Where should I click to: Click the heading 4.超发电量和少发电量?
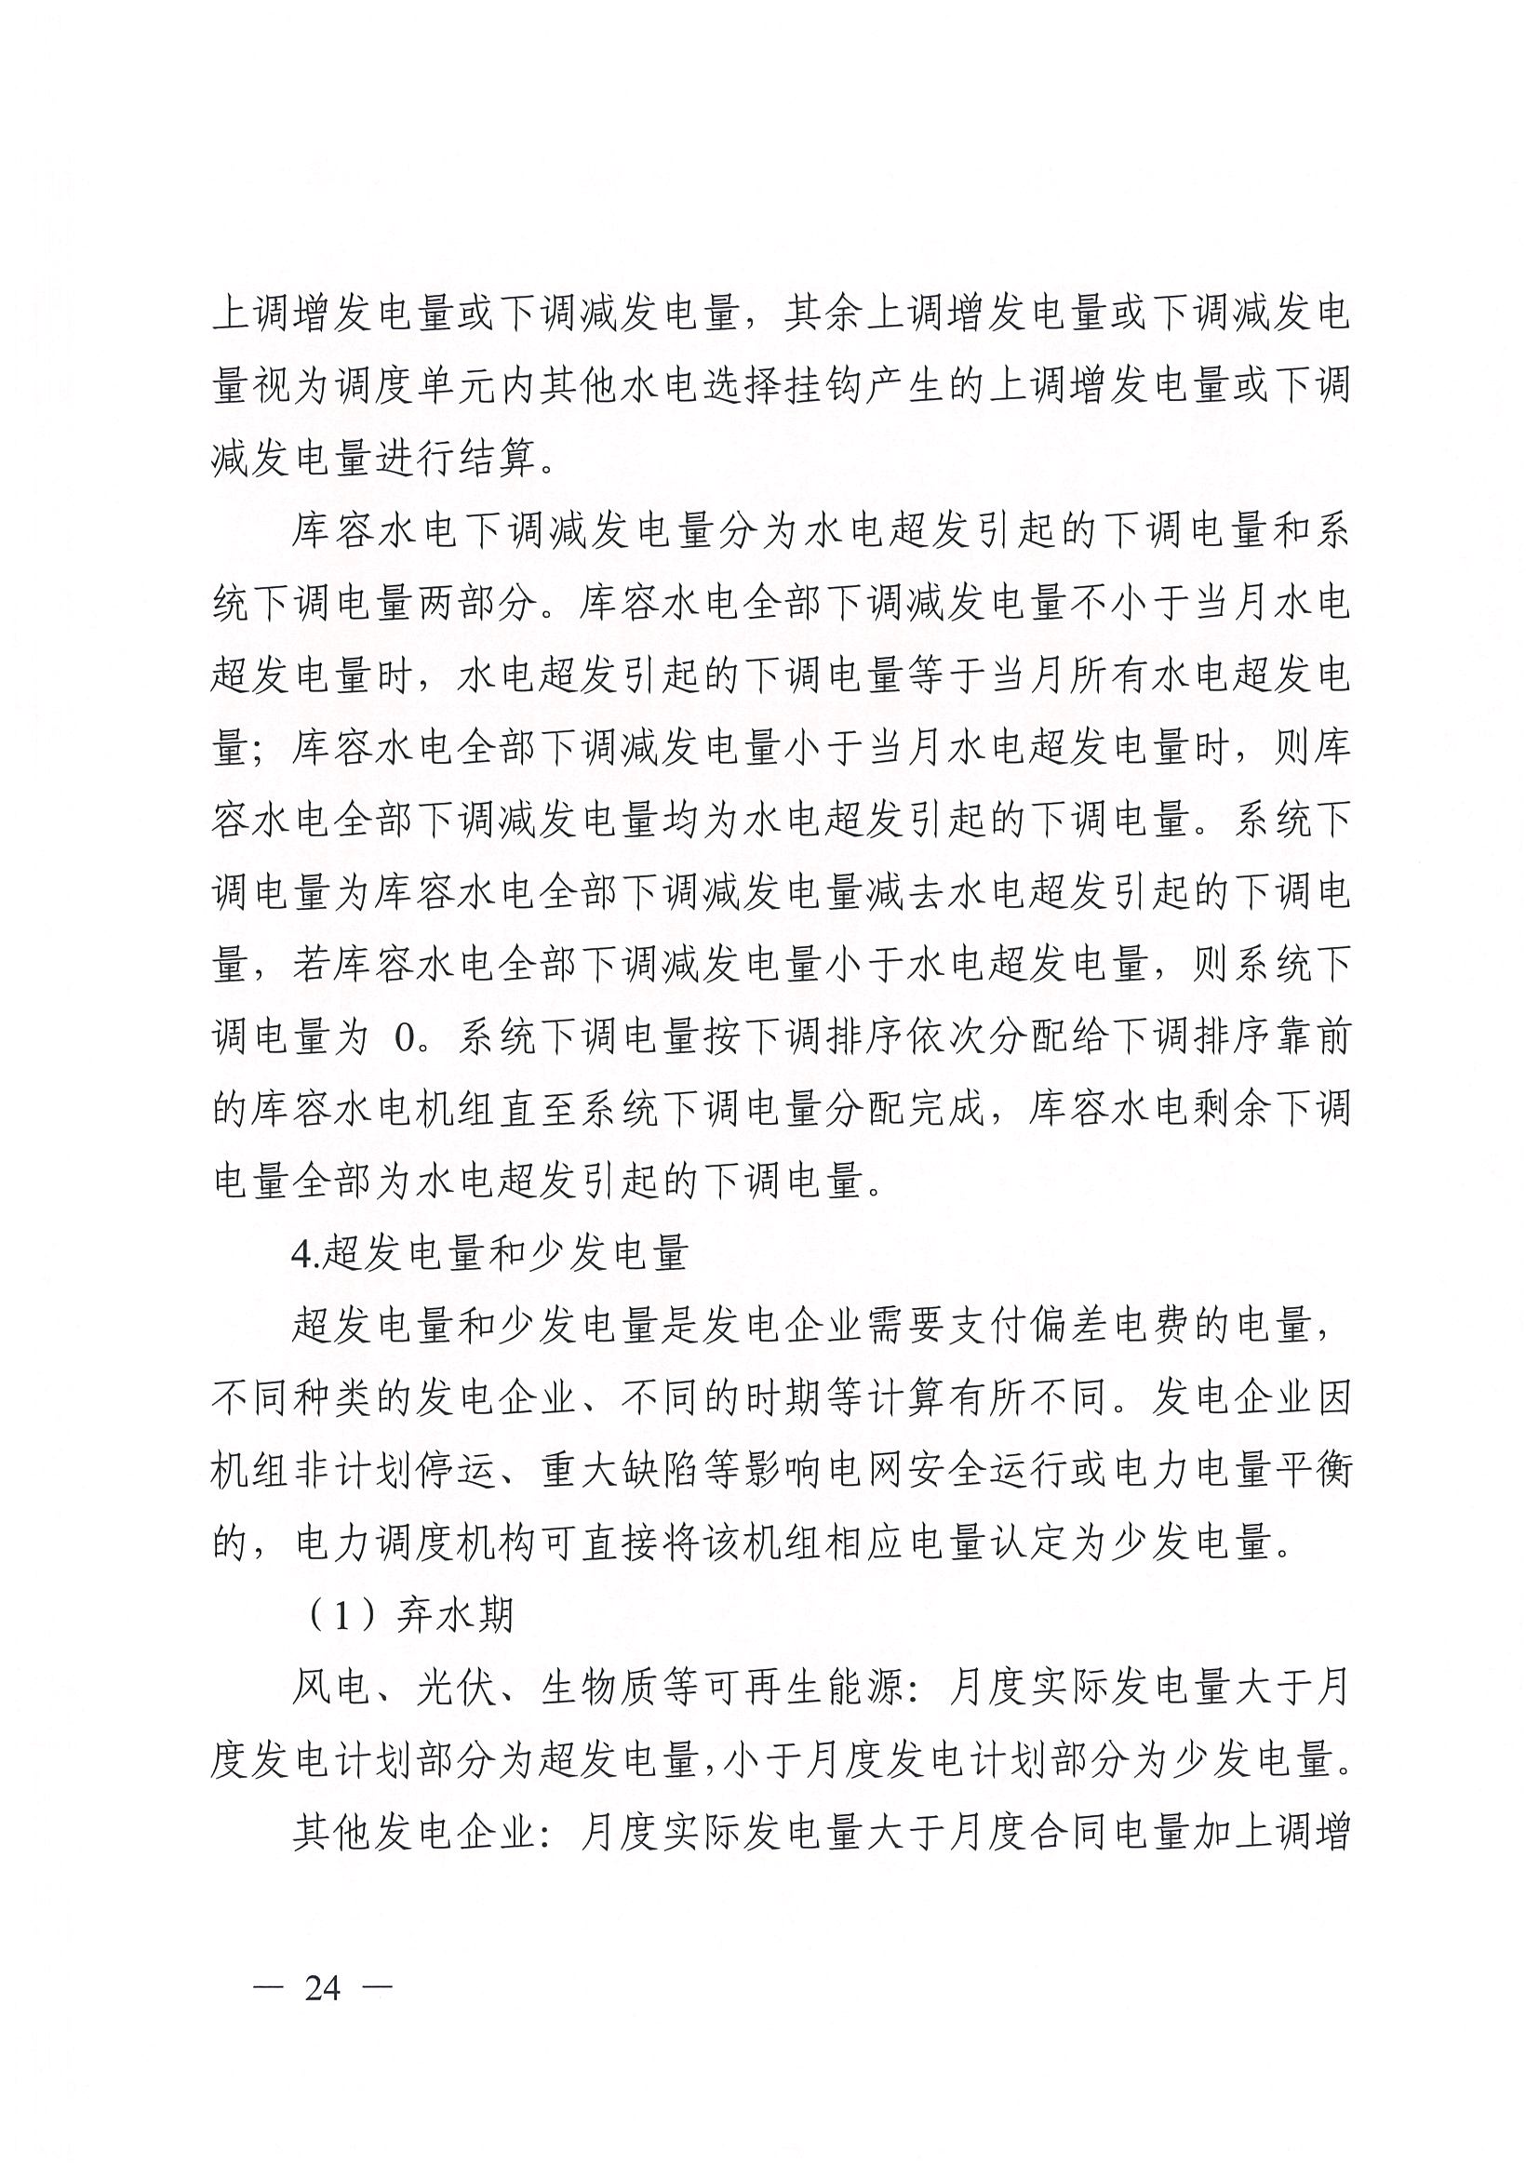[488, 1253]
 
